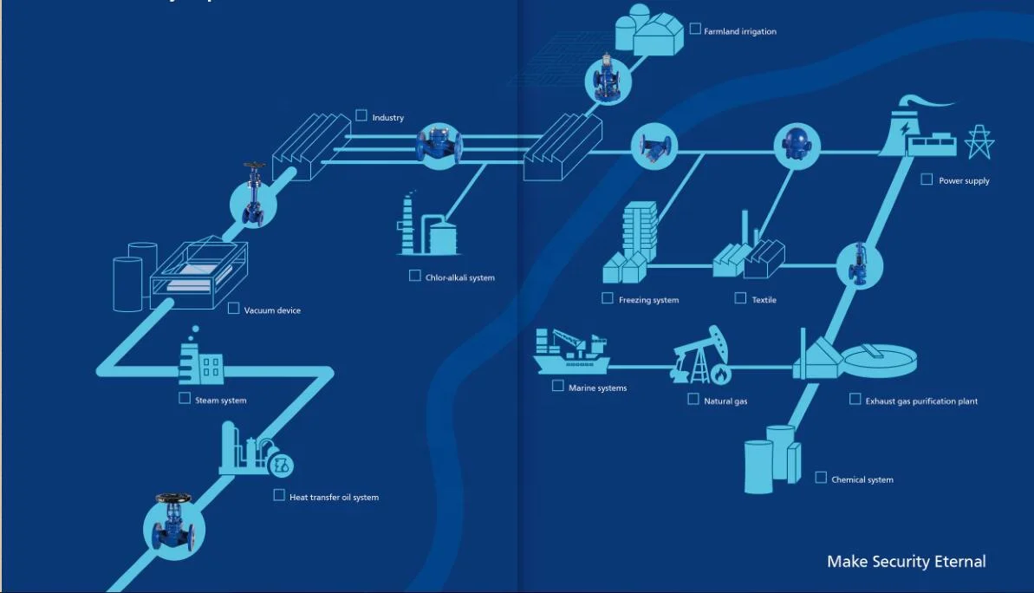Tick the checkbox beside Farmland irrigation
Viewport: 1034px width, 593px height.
695,29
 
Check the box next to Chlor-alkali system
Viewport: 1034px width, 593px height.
415,276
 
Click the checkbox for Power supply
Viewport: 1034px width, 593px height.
927,179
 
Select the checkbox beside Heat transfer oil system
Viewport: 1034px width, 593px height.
279,495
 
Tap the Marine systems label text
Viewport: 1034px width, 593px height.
597,388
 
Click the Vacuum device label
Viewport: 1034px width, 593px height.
272,310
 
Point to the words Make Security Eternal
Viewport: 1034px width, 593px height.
906,562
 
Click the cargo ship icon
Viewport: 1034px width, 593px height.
569,350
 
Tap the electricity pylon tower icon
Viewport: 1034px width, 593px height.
979,142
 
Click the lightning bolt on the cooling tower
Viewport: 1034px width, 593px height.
905,128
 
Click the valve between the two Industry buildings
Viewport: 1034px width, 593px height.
439,146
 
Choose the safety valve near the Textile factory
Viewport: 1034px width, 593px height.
858,264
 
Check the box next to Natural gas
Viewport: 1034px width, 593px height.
693,400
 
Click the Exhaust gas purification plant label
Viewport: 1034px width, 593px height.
921,401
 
